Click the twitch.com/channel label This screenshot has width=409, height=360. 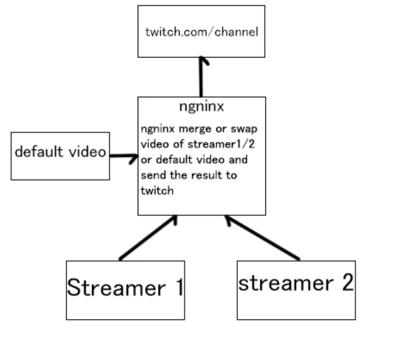[202, 32]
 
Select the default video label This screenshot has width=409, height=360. [60, 152]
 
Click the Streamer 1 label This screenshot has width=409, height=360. [125, 287]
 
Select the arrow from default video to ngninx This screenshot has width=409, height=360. [124, 156]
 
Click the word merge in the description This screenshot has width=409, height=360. [194, 130]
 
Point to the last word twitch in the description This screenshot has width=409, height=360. [157, 190]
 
